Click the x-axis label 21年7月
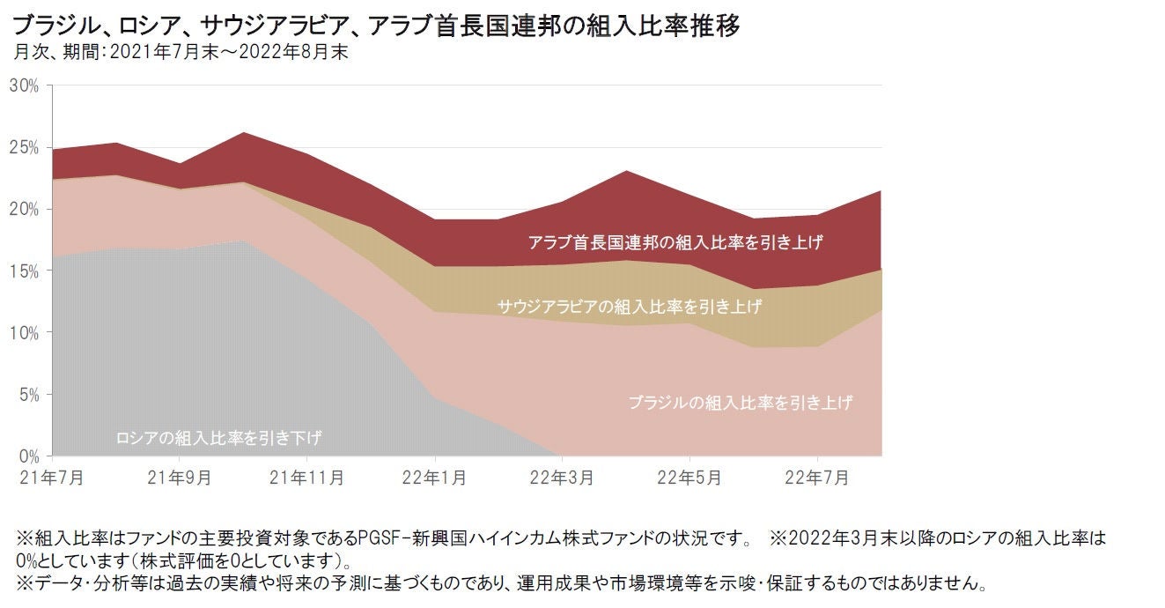click(x=53, y=478)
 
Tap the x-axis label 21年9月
click(x=180, y=478)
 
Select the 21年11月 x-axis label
click(x=307, y=478)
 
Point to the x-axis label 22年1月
click(x=435, y=478)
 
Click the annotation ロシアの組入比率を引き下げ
click(x=218, y=437)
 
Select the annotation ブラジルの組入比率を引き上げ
click(x=741, y=403)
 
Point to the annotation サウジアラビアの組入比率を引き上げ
click(x=630, y=307)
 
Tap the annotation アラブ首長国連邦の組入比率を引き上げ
click(x=675, y=241)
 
